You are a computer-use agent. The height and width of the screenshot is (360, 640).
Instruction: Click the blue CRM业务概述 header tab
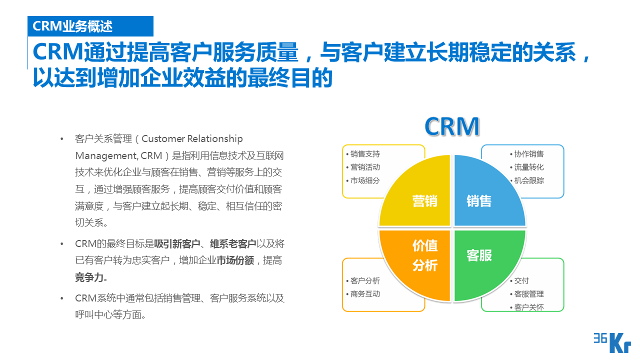click(x=90, y=26)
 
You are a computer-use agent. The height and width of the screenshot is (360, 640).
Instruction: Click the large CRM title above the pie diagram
click(x=452, y=126)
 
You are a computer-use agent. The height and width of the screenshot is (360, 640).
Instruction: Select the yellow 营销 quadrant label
click(x=425, y=201)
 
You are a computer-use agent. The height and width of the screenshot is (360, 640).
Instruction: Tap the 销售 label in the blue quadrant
click(x=479, y=201)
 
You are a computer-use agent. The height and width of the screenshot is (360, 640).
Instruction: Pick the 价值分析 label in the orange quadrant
click(x=425, y=255)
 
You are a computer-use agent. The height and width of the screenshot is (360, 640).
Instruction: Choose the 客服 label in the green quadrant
click(x=479, y=255)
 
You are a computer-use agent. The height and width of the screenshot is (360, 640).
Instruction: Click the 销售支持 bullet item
click(x=365, y=154)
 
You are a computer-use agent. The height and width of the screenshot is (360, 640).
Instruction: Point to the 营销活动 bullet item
click(x=365, y=167)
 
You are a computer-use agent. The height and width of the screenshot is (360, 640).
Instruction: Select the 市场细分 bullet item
click(x=365, y=180)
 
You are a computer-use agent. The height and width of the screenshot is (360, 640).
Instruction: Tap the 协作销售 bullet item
click(x=529, y=154)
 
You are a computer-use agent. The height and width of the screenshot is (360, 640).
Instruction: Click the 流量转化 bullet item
click(x=529, y=167)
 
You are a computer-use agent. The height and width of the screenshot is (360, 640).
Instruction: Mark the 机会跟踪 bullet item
click(x=529, y=180)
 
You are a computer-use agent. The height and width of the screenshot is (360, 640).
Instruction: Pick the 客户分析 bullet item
click(x=365, y=281)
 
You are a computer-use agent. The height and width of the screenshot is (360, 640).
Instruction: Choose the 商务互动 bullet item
click(x=365, y=294)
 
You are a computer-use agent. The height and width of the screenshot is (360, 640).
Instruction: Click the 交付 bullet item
click(x=521, y=281)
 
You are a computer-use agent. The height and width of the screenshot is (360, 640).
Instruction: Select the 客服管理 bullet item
click(x=529, y=294)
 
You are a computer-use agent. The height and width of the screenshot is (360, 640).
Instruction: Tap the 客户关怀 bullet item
click(x=529, y=307)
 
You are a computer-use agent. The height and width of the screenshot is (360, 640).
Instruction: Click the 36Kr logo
click(x=612, y=343)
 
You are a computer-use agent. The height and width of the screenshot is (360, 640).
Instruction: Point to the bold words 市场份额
click(x=235, y=260)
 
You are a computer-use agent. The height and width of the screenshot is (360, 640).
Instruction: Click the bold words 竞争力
click(x=89, y=277)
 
